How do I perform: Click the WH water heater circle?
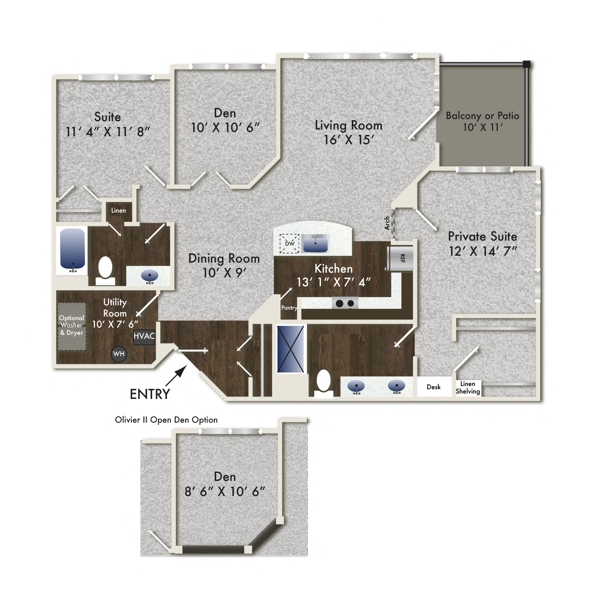tap(119, 354)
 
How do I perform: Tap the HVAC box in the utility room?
tap(144, 337)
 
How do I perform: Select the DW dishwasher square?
tap(290, 244)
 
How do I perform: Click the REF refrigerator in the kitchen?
tap(401, 258)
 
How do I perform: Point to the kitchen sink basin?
tap(315, 244)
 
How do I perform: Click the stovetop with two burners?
tap(345, 303)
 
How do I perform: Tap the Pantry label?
tap(289, 308)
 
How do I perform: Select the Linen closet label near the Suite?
tap(118, 210)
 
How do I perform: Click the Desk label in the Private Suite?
tap(433, 387)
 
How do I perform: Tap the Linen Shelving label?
tap(468, 388)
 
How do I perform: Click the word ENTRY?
tap(150, 395)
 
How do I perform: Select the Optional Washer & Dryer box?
tap(72, 326)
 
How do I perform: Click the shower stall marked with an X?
tap(291, 349)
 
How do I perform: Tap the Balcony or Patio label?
tap(482, 116)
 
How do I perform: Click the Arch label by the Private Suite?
tap(387, 223)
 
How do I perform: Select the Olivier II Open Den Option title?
tap(166, 420)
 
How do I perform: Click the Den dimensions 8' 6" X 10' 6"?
tap(225, 491)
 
